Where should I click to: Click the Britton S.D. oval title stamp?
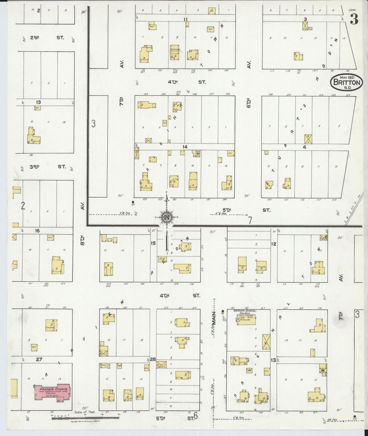(347, 82)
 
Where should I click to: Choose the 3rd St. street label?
(47, 167)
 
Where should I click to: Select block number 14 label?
(185, 147)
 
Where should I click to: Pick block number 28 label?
(153, 359)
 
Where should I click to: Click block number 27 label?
(39, 359)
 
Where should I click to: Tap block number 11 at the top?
(185, 19)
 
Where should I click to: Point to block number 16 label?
(37, 231)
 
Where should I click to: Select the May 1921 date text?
(347, 77)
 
